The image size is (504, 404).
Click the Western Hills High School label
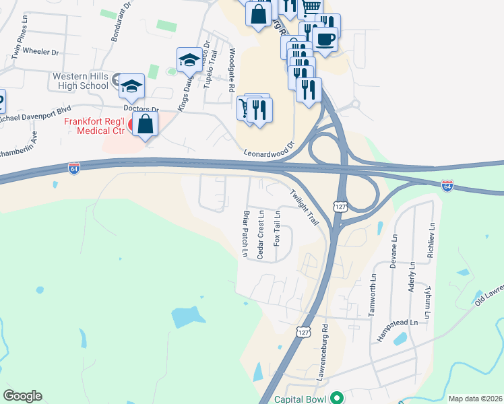click(x=81, y=81)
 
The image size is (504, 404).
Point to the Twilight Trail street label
click(x=303, y=206)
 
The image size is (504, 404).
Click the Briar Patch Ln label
click(x=245, y=234)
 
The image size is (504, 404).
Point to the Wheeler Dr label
click(x=41, y=51)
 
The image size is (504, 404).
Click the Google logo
click(x=22, y=396)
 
